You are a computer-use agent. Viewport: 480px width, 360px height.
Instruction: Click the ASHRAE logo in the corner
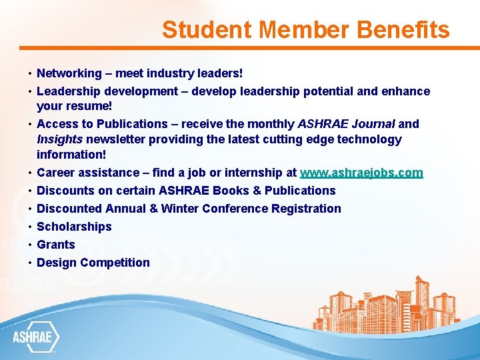point(36,337)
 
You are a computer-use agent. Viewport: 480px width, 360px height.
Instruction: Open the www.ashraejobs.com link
point(361,173)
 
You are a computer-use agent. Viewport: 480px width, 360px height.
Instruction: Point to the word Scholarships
point(74,227)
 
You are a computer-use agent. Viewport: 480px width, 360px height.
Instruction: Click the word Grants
point(56,245)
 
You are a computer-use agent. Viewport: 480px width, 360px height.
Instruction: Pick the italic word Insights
point(59,139)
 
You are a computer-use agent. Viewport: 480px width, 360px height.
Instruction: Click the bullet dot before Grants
point(31,245)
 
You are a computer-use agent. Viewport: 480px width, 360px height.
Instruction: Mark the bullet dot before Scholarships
point(31,227)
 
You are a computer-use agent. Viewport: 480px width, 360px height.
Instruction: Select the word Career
point(55,173)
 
